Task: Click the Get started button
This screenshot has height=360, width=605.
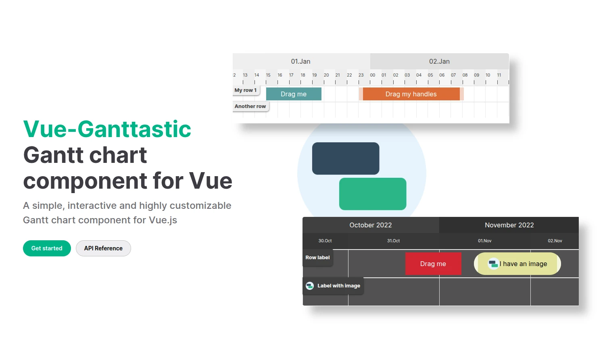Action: pyautogui.click(x=47, y=248)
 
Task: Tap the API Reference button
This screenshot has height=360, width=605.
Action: pyautogui.click(x=103, y=248)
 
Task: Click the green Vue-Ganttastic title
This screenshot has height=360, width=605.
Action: pyautogui.click(x=107, y=129)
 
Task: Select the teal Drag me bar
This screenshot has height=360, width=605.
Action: pyautogui.click(x=294, y=94)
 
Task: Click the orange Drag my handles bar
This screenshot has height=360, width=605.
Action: pyautogui.click(x=411, y=94)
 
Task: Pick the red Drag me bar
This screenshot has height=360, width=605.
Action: pyautogui.click(x=433, y=264)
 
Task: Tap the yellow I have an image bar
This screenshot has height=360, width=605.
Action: pyautogui.click(x=517, y=264)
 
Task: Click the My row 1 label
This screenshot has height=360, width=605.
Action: pyautogui.click(x=246, y=90)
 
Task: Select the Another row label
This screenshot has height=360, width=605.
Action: pyautogui.click(x=250, y=106)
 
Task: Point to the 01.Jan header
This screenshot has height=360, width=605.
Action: pyautogui.click(x=300, y=62)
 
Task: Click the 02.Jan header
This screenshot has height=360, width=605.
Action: pyautogui.click(x=440, y=62)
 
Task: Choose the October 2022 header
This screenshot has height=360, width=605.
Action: pyautogui.click(x=371, y=225)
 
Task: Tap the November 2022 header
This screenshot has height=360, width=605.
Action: pyautogui.click(x=509, y=225)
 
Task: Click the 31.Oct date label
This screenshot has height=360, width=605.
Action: pyautogui.click(x=394, y=241)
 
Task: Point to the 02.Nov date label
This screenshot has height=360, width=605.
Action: pyautogui.click(x=555, y=241)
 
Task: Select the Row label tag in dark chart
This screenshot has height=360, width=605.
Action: pyautogui.click(x=318, y=258)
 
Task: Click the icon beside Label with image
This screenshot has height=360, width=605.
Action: pyautogui.click(x=310, y=286)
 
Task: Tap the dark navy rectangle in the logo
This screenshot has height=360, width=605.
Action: pyautogui.click(x=346, y=158)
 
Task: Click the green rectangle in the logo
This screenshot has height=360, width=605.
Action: pyautogui.click(x=373, y=194)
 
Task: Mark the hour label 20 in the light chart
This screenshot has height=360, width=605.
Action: pyautogui.click(x=326, y=75)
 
